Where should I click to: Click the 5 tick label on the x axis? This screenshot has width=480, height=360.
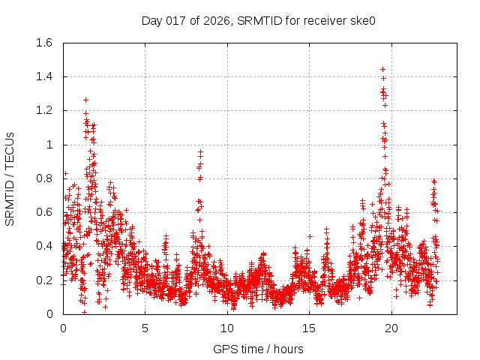pos(145,328)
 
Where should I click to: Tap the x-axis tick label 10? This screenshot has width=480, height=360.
pos(227,328)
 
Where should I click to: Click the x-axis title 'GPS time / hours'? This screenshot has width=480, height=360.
pos(259,349)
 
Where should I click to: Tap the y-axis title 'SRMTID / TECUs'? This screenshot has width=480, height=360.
pos(10,178)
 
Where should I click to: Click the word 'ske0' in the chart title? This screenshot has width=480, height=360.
pos(361,20)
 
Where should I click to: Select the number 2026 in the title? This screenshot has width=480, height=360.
pos(216,20)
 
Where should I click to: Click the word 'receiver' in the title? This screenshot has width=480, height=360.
pos(322,20)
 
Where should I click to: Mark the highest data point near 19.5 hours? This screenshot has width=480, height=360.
pos(383,70)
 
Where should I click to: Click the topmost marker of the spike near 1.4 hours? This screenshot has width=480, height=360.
pos(85,100)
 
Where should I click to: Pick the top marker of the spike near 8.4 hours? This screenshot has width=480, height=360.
pos(201,152)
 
